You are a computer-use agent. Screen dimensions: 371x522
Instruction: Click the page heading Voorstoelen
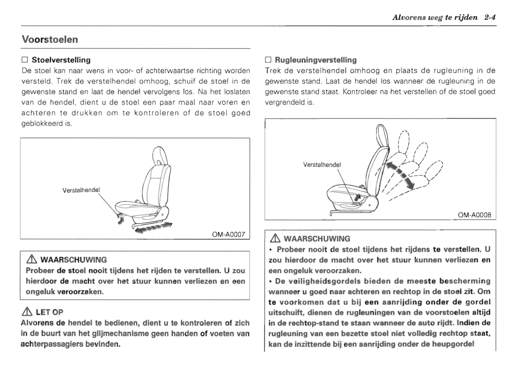[x=50, y=39]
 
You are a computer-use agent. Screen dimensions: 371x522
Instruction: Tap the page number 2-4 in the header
[x=490, y=17]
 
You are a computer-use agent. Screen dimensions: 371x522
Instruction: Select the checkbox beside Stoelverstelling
[x=25, y=60]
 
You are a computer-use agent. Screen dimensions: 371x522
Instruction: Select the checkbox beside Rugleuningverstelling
[x=268, y=60]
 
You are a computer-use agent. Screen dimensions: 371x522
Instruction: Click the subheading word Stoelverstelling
[x=61, y=60]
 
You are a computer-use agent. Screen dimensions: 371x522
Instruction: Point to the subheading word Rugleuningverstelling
[x=315, y=60]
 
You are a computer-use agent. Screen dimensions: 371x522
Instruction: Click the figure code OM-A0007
[x=228, y=234]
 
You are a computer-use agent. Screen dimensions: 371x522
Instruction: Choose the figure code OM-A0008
[x=474, y=215]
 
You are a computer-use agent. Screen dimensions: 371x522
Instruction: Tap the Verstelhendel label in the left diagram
[x=81, y=190]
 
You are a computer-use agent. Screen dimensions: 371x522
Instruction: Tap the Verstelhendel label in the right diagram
[x=322, y=165]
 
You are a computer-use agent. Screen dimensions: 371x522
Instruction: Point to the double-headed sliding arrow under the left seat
[x=152, y=227]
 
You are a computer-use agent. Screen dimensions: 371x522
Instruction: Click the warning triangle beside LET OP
[x=27, y=312]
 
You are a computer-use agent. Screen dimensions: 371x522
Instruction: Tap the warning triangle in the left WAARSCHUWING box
[x=32, y=259]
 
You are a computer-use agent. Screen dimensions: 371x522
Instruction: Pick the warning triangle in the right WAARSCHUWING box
[x=275, y=238]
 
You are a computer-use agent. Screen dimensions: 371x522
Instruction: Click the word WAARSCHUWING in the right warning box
[x=317, y=239]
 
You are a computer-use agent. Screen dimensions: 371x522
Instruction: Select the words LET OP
[x=49, y=312]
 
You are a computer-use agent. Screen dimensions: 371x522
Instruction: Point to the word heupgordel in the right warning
[x=453, y=344]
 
